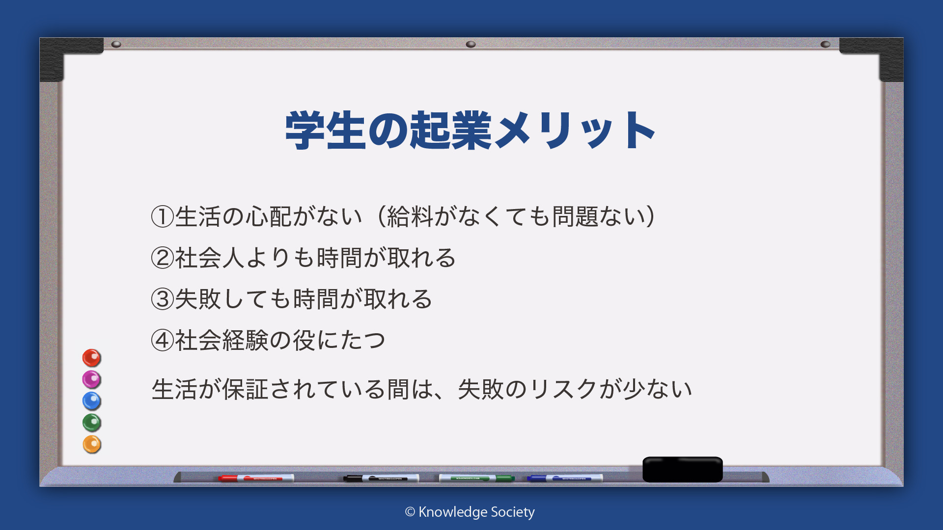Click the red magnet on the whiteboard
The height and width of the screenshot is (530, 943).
click(91, 358)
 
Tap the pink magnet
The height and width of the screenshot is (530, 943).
click(91, 379)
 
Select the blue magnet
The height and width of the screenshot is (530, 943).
click(91, 401)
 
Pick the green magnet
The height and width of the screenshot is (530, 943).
click(91, 423)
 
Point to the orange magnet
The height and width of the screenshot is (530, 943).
click(91, 444)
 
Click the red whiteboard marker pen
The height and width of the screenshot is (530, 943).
click(256, 478)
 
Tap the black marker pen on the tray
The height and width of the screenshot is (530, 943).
click(381, 478)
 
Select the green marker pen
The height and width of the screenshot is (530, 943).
click(476, 478)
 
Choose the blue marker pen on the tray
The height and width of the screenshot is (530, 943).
click(565, 478)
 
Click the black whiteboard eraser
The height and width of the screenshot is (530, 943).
click(683, 469)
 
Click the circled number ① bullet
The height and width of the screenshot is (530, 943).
click(163, 216)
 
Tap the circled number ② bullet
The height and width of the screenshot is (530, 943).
click(163, 258)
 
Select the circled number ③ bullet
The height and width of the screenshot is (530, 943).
click(163, 299)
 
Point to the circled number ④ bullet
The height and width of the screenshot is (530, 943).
click(163, 340)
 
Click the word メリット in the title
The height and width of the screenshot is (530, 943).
click(575, 130)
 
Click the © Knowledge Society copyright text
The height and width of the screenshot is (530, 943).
click(470, 512)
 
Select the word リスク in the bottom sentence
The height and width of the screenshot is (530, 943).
click(563, 389)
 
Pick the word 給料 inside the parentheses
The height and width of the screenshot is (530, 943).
click(410, 216)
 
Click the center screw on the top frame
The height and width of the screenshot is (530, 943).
click(471, 44)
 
